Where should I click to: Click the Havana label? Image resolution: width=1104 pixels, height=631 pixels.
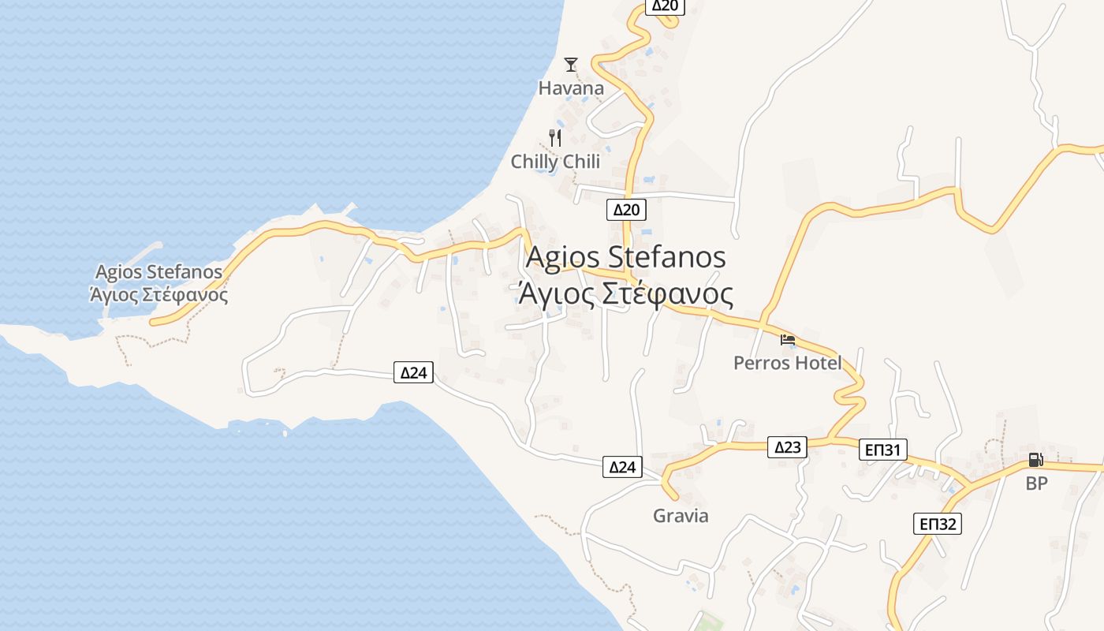571,88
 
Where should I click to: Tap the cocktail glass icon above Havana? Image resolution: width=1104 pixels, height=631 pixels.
571,65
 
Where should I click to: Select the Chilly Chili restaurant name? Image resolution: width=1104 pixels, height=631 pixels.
555,162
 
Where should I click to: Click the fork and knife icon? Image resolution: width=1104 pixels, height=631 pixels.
555,138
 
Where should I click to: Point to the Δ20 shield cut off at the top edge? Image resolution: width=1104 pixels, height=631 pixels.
665,6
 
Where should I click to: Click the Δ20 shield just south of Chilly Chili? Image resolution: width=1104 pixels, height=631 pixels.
627,209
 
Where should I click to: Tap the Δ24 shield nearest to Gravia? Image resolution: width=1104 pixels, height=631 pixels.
622,467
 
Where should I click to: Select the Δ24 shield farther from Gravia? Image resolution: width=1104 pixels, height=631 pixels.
414,372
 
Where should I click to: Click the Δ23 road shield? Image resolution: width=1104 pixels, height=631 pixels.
788,447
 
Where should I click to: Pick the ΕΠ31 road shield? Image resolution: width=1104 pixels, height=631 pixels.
882,450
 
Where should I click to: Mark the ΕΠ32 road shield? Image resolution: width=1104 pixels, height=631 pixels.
938,523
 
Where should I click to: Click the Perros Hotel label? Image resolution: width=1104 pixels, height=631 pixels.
787,363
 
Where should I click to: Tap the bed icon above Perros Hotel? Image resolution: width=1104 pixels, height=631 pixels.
787,341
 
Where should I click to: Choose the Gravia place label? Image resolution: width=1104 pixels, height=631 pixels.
681,516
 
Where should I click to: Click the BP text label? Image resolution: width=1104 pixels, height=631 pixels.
1036,484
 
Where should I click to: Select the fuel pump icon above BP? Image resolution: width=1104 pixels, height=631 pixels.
1035,460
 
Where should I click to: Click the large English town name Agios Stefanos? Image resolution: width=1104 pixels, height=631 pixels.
625,257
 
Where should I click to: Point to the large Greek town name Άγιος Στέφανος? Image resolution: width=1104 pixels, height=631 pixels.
625,293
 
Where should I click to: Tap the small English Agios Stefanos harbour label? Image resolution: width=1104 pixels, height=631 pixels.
159,272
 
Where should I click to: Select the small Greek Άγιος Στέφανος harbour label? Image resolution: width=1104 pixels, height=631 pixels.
159,296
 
